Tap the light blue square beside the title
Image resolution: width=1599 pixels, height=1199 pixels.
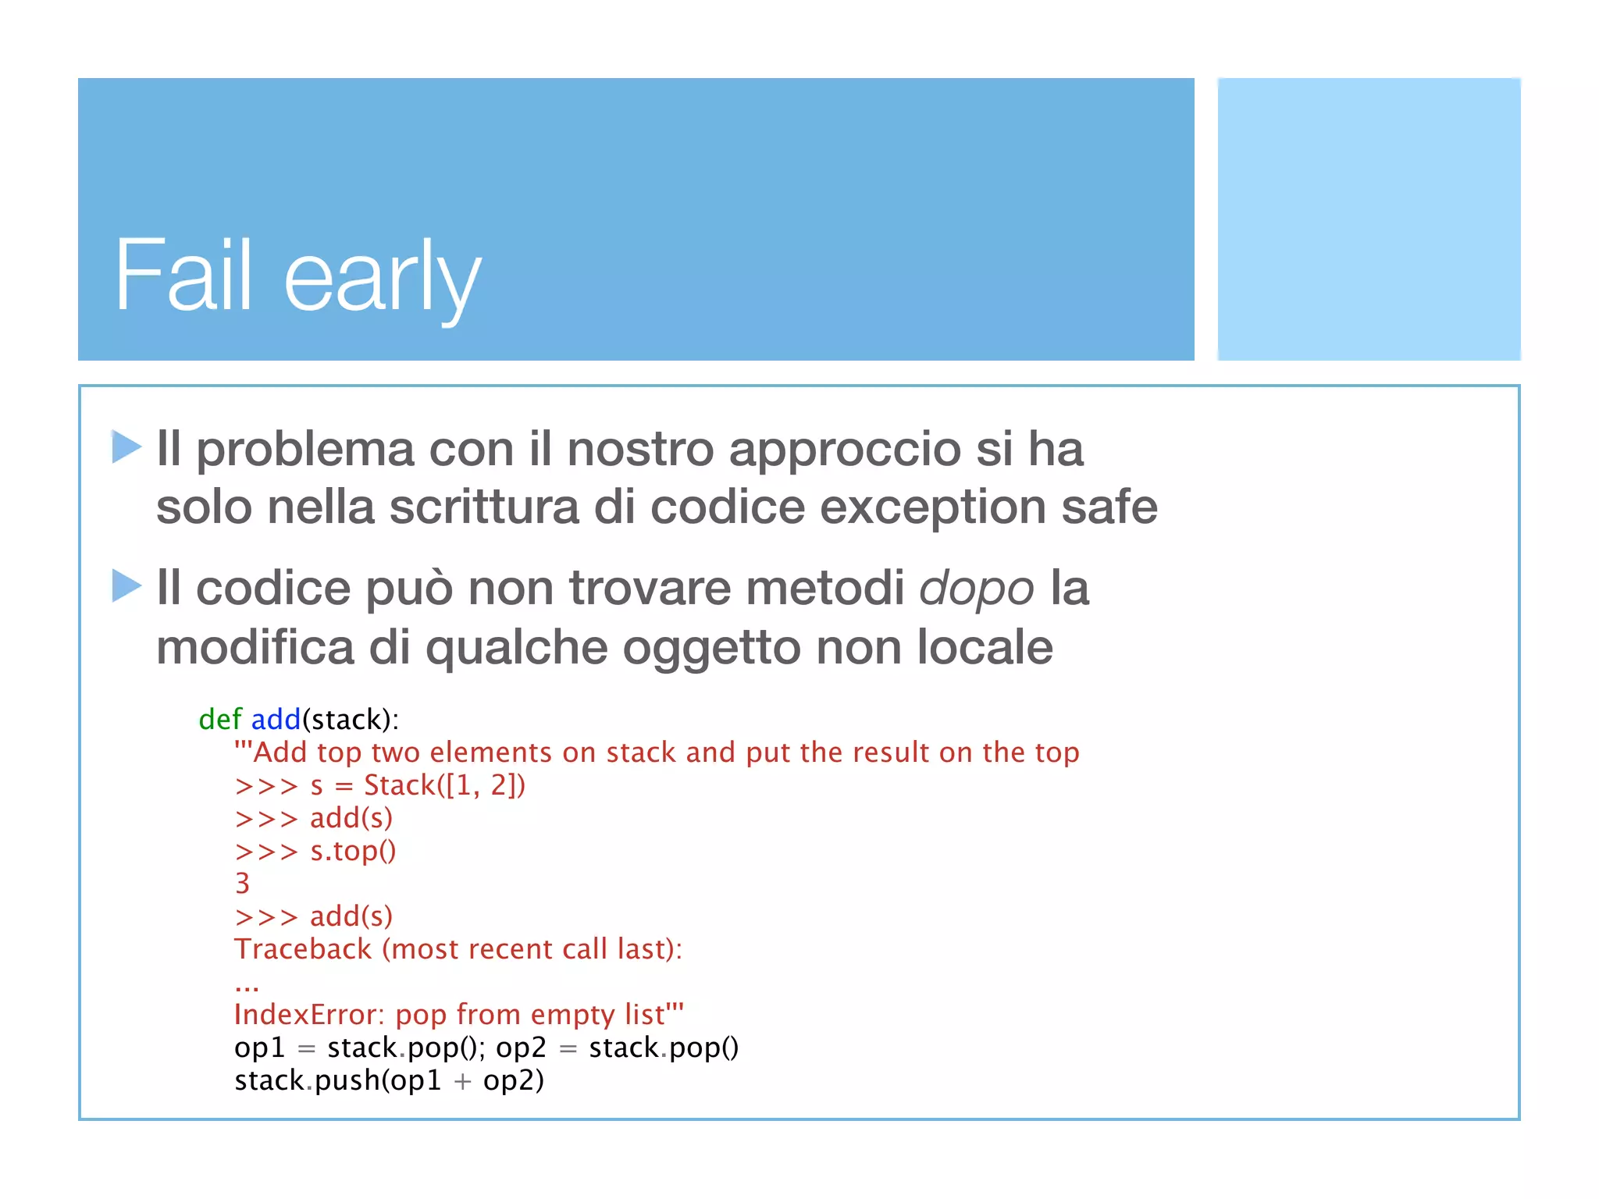coord(1368,219)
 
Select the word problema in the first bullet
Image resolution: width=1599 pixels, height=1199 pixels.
coord(304,450)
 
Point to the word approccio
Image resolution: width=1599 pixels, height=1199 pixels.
coord(844,450)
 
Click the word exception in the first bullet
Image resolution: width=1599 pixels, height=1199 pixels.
coord(932,508)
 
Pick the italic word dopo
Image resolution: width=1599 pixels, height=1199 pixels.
coord(976,589)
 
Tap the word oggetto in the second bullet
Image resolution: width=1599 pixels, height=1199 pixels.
coord(710,648)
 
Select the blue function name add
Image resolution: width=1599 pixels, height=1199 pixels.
coord(276,719)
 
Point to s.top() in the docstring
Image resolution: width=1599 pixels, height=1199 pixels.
coord(353,851)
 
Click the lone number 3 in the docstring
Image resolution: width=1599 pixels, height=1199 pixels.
coord(242,884)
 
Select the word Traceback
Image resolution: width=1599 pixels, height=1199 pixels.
coord(303,949)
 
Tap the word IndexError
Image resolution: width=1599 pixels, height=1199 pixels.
coord(308,1015)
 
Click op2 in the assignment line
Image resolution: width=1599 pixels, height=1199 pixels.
coord(521,1048)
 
